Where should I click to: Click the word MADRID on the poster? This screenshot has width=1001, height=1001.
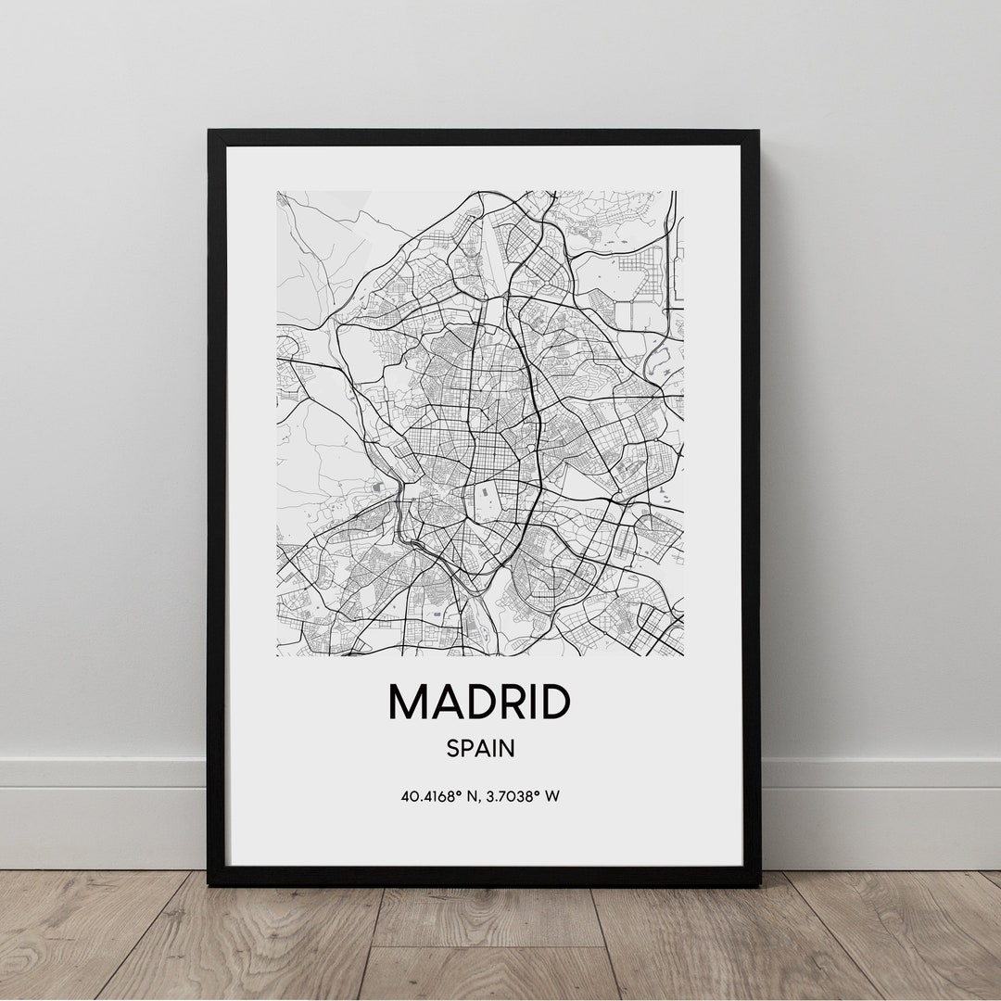478,702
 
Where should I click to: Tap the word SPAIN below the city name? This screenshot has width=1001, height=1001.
480,748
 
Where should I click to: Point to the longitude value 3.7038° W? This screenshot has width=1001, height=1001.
526,795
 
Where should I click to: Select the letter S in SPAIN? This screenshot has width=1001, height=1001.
453,748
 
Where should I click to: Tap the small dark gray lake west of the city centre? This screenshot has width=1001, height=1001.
376,486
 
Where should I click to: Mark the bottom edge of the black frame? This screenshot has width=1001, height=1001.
483,876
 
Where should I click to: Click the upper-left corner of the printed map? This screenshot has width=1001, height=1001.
277,192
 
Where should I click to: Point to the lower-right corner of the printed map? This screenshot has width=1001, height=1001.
683,655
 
